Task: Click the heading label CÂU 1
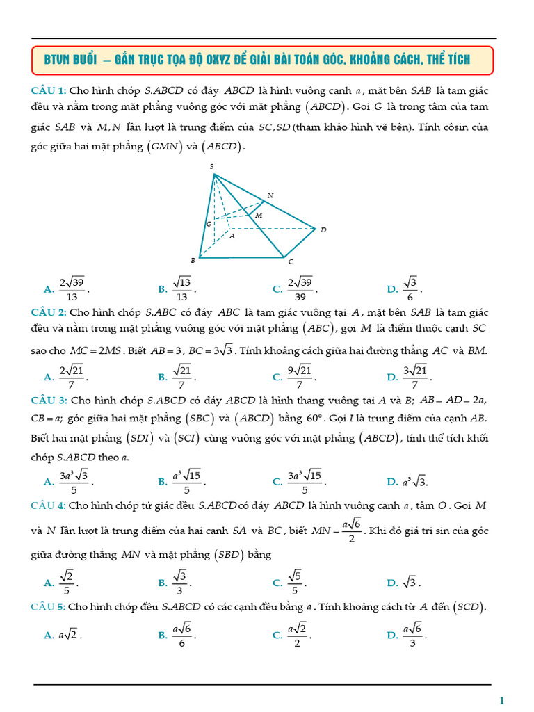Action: coord(48,90)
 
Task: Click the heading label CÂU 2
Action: coord(48,313)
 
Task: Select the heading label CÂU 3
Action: coord(48,400)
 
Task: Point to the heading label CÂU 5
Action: coord(48,607)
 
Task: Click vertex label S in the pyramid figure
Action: coord(212,166)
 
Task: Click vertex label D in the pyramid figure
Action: coord(323,229)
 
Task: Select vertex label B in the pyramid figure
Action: coord(193,260)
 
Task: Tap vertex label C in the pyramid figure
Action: coord(291,262)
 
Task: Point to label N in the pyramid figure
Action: coord(270,195)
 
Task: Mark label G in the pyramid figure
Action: coord(208,224)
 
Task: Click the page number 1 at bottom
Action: coord(501,700)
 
